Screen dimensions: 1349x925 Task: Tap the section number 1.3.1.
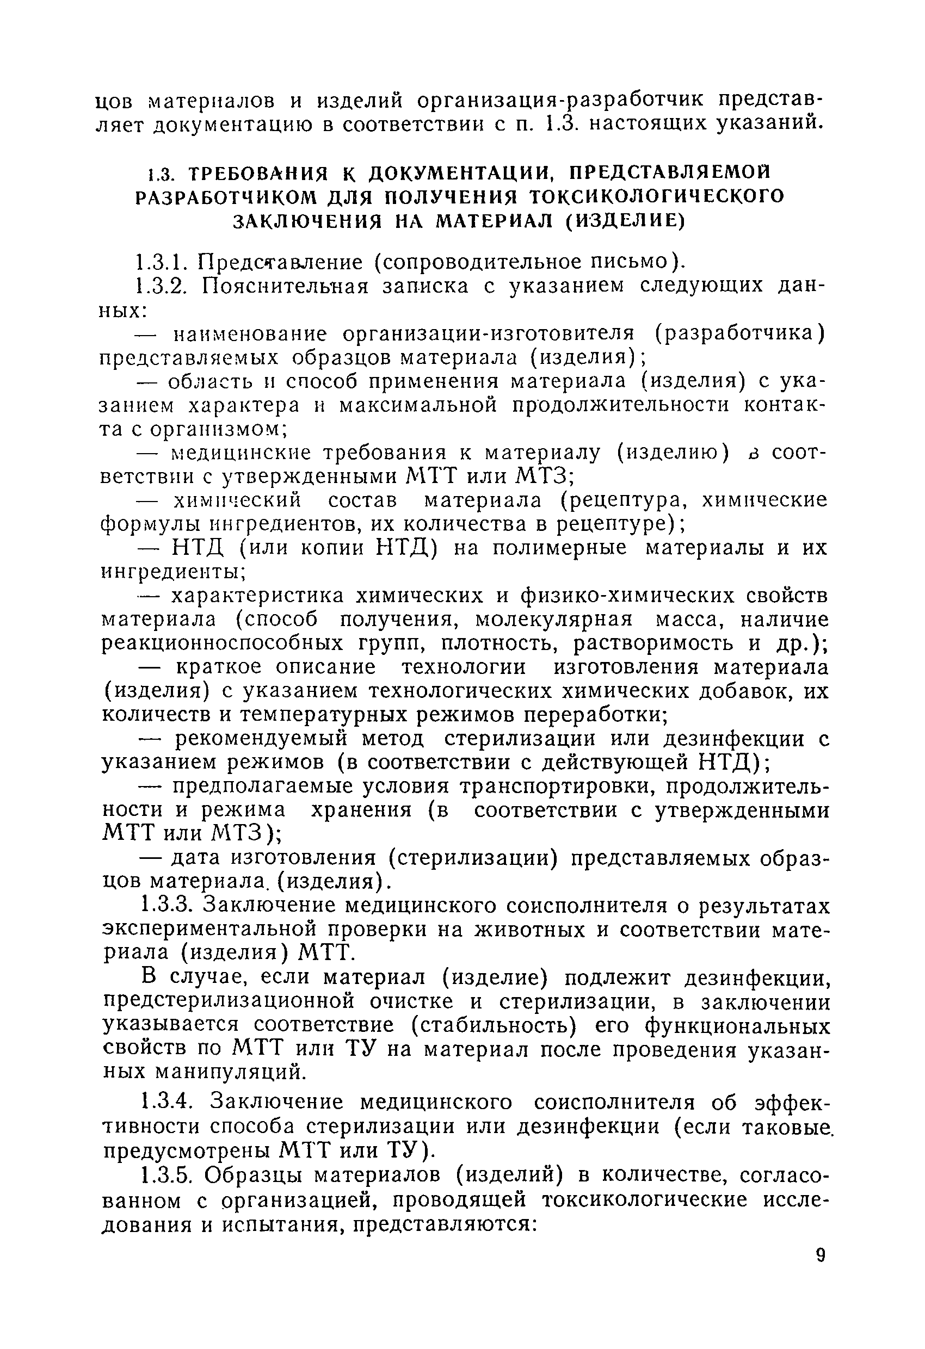click(x=161, y=262)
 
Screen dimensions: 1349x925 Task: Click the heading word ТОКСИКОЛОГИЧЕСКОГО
click(x=658, y=197)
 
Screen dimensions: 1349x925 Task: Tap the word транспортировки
click(x=556, y=787)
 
